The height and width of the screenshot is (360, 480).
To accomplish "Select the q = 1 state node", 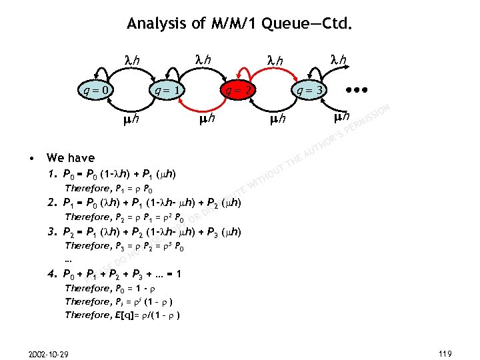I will (x=167, y=89).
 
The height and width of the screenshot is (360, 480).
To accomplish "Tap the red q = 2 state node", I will (x=238, y=89).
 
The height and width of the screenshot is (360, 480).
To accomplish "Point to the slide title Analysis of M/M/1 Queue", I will (x=239, y=25).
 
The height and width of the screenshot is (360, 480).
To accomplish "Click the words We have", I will (x=70, y=158).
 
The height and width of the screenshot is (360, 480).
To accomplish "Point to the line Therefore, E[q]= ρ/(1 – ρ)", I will (x=124, y=315).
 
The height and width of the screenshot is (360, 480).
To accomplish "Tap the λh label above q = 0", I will (x=133, y=60).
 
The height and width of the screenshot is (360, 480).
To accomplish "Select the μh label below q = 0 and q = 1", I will (x=131, y=120).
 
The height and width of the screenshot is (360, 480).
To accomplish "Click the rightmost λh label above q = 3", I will (x=340, y=60).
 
